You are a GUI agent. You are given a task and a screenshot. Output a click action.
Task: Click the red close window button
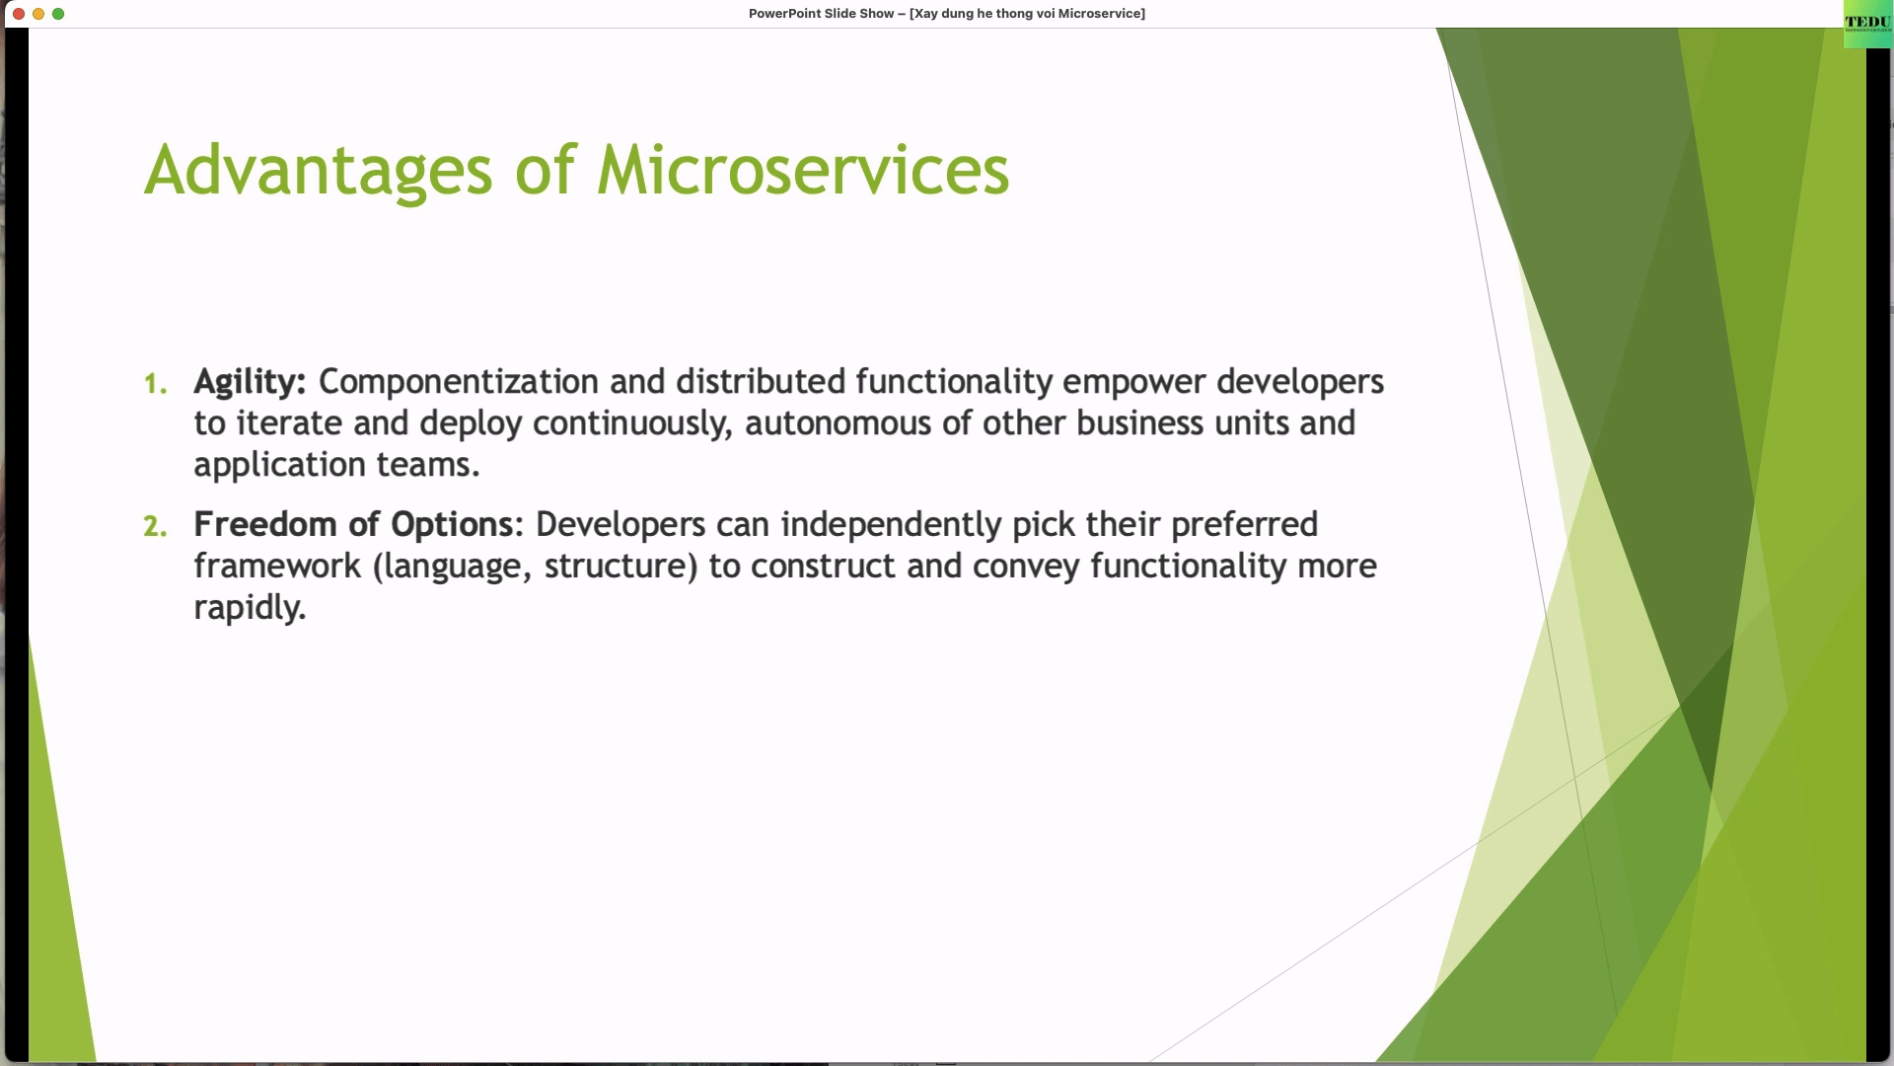(x=19, y=14)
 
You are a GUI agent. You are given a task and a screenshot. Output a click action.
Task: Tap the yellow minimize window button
(x=38, y=14)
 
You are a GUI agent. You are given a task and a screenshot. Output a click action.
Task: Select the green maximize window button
(x=58, y=14)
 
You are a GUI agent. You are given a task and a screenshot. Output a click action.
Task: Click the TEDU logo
(x=1867, y=24)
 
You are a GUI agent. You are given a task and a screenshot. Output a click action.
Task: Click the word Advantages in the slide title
(x=318, y=171)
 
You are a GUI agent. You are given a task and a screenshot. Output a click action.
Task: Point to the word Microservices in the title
(x=803, y=170)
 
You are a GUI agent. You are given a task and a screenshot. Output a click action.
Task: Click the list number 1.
(x=155, y=384)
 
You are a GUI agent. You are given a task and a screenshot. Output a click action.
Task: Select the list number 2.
(x=155, y=526)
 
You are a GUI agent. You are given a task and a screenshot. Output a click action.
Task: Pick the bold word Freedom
(x=265, y=524)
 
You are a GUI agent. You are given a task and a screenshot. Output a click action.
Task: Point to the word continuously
(x=632, y=424)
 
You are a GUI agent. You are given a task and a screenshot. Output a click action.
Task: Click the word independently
(x=891, y=525)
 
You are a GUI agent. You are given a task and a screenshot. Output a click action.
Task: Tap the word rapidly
(x=250, y=608)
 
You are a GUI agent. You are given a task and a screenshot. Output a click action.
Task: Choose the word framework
(x=277, y=566)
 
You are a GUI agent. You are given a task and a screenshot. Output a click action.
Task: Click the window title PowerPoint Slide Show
(x=821, y=14)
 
